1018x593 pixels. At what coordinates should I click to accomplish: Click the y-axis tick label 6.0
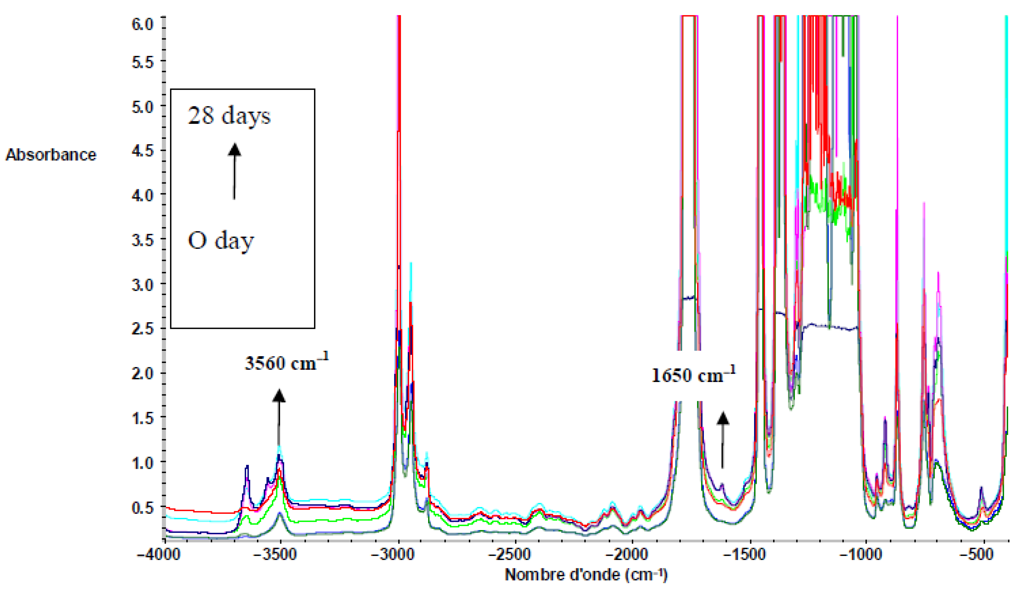point(142,24)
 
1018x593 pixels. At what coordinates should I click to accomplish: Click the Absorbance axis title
point(51,155)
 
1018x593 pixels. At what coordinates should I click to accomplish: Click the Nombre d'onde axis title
point(586,574)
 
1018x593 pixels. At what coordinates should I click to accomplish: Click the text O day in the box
point(221,241)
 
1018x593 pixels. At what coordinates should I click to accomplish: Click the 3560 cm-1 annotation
point(287,362)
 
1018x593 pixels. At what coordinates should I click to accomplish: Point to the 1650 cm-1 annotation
point(693,375)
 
